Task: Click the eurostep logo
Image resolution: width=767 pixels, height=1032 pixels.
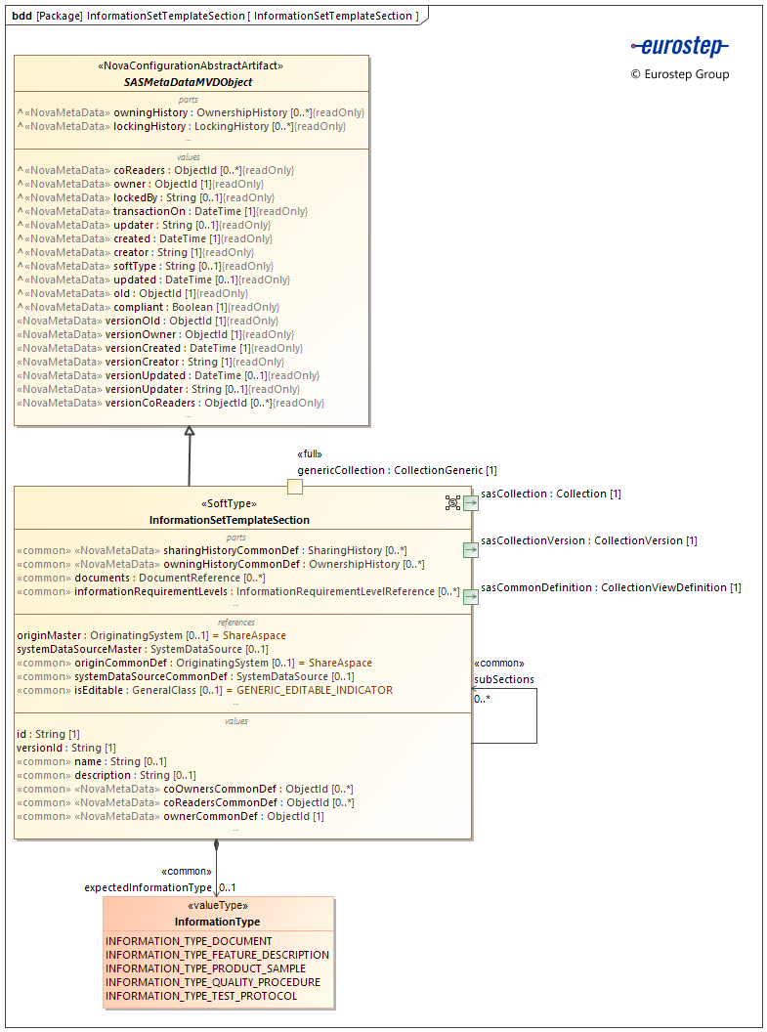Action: click(680, 46)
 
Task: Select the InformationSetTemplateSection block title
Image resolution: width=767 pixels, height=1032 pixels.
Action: click(229, 520)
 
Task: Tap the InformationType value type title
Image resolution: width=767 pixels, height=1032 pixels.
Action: click(217, 922)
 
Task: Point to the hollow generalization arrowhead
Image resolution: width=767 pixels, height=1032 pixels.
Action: click(190, 431)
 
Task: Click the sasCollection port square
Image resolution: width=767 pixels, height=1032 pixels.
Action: click(470, 502)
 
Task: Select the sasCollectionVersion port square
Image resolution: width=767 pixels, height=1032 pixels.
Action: click(470, 549)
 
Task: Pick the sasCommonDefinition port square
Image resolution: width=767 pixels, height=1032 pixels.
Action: click(470, 596)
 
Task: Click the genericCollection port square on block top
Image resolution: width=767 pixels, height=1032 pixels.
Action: click(294, 486)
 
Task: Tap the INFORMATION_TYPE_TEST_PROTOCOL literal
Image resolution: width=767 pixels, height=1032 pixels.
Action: click(201, 996)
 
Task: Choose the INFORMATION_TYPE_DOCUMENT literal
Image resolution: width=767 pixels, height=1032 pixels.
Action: click(189, 941)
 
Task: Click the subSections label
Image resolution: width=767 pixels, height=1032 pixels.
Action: click(504, 679)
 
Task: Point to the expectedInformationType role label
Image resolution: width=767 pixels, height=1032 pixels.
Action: click(148, 887)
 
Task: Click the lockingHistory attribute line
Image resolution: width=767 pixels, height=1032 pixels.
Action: click(181, 126)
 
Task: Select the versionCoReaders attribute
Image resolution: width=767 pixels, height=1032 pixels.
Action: click(171, 403)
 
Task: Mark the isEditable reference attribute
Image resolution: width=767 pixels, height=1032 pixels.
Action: click(205, 690)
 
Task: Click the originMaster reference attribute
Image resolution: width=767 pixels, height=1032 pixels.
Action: click(151, 635)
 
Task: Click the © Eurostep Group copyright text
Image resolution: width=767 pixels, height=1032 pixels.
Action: click(680, 74)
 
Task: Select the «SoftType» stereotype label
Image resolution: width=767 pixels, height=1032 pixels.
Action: click(229, 505)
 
